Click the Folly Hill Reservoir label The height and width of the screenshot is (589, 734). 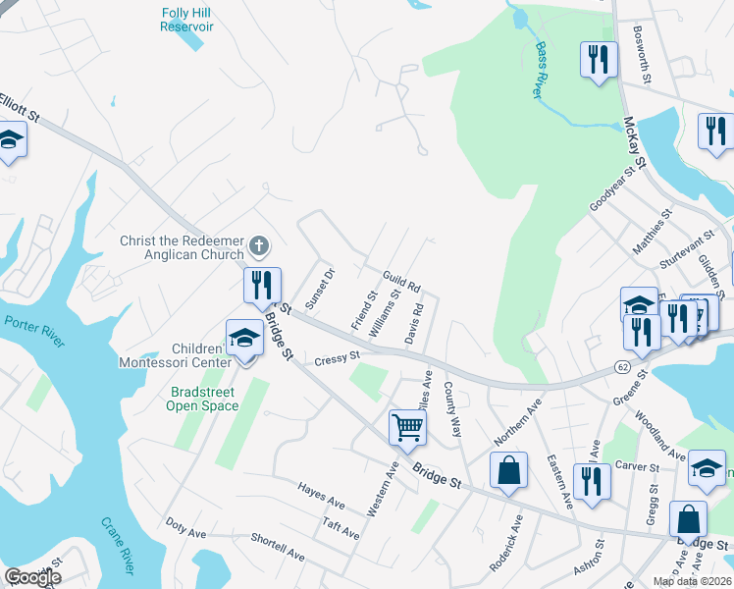pyautogui.click(x=186, y=20)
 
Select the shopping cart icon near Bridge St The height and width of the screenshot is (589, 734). pyautogui.click(x=407, y=427)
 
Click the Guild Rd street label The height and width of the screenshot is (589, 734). pyautogui.click(x=401, y=283)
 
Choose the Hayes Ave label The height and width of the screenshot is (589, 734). pyautogui.click(x=321, y=496)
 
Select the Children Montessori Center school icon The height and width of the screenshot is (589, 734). pyautogui.click(x=243, y=338)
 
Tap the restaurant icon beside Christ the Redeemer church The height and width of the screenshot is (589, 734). pyautogui.click(x=262, y=285)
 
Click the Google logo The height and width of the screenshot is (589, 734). pyautogui.click(x=31, y=577)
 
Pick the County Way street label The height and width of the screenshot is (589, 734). pyautogui.click(x=453, y=409)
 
